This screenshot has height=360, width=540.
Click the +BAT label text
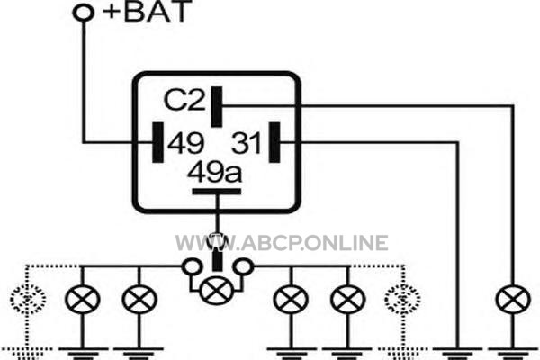coord(147,12)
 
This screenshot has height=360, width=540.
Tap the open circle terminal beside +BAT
coord(84,13)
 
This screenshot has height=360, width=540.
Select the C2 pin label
coord(184,100)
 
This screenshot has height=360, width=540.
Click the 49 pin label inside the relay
coord(186,143)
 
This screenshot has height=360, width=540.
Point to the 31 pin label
coord(246,142)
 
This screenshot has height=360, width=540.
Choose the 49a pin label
coord(215,172)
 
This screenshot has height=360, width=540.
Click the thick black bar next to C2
coord(217,107)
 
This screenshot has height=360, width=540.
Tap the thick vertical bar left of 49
coord(158,142)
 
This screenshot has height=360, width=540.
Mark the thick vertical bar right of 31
coord(274,142)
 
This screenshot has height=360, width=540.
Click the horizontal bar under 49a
coord(217,192)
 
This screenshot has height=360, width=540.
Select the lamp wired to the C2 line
coord(513,299)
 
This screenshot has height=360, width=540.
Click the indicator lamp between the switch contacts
coord(217,291)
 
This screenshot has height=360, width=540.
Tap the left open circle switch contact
coord(193,266)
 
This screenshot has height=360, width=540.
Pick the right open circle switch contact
coord(243,266)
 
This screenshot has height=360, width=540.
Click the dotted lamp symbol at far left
coord(28,299)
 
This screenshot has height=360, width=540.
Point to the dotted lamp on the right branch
coord(402,299)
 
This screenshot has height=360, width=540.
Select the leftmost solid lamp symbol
coord(82,299)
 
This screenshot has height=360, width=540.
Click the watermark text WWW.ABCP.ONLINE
coord(282,242)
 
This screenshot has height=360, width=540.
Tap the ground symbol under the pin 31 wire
coord(457,354)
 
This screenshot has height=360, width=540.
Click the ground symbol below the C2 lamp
coord(513,354)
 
